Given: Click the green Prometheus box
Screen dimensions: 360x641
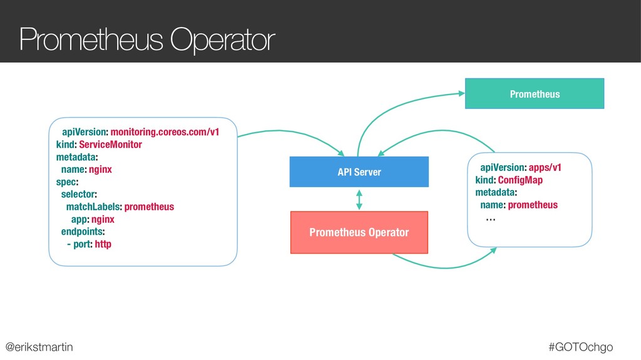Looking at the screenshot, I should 534,94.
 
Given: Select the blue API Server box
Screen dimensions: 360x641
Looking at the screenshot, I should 359,172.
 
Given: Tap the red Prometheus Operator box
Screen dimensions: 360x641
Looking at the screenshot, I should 359,232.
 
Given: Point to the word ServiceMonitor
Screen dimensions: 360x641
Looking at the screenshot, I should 111,145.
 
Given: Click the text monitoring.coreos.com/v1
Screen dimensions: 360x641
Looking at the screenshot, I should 165,132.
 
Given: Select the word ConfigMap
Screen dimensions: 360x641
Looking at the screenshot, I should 520,180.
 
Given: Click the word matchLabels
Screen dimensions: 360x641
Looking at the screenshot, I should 94,207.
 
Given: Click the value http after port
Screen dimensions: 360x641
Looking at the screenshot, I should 103,244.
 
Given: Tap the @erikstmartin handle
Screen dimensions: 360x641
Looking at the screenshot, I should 39,346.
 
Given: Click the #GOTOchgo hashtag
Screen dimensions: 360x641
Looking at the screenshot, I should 580,346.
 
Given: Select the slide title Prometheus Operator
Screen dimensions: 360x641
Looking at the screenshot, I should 147,41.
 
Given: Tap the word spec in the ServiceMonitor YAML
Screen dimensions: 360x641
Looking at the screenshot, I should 66,182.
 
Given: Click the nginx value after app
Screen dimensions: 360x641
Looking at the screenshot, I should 103,219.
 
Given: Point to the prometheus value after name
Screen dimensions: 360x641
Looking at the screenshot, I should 533,205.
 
